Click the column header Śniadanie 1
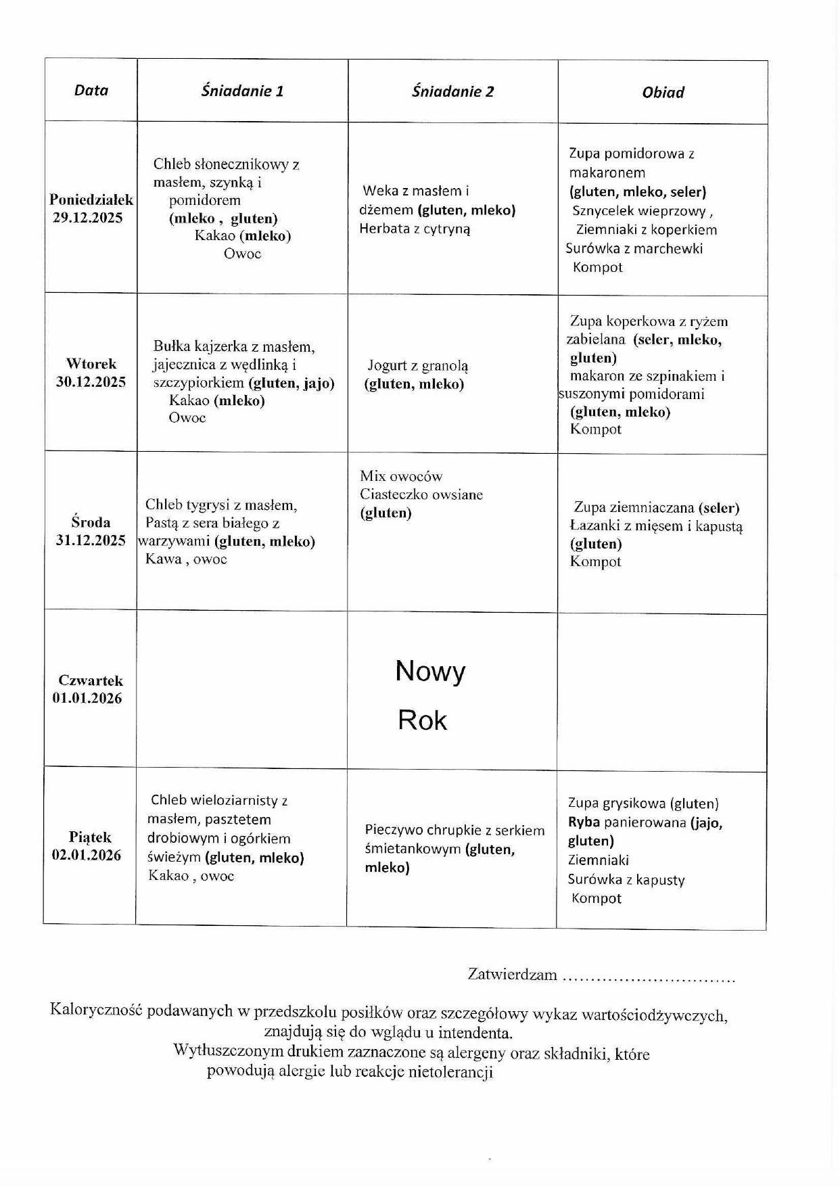242,91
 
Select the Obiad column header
663,92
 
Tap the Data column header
91,90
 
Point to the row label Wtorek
91,364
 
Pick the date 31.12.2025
91,540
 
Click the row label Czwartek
91,680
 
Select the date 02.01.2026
87,855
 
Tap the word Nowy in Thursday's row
430,671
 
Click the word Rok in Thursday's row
422,720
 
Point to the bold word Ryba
584,822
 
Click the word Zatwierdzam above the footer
512,975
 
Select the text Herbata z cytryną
415,229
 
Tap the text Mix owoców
401,476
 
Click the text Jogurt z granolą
417,366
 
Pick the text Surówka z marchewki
634,248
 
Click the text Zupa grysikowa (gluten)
643,804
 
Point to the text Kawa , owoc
186,559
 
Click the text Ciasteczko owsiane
421,494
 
